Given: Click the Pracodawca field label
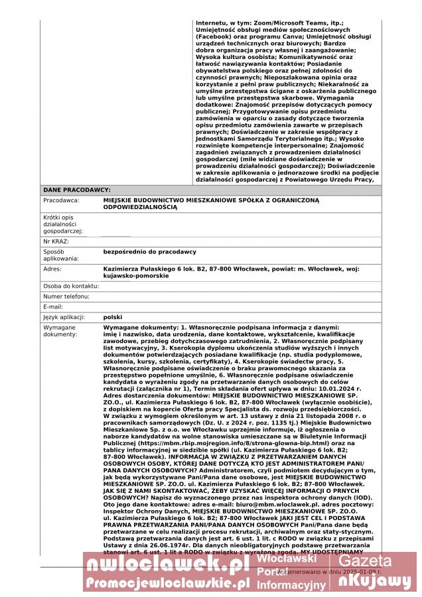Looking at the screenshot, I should pyautogui.click(x=62, y=200).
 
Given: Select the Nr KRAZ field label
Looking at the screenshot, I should pyautogui.click(x=56, y=241).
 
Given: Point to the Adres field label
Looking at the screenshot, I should pyautogui.click(x=52, y=269).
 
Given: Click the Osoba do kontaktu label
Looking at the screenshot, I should pyautogui.click(x=71, y=286).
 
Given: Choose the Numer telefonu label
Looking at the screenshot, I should pyautogui.click(x=66, y=297).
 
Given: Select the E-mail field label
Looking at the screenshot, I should pyautogui.click(x=53, y=306).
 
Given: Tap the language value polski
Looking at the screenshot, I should pyautogui.click(x=113, y=317).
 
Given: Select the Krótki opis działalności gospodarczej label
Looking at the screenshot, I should pyautogui.click(x=64, y=224).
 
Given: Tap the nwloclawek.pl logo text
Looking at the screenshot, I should pyautogui.click(x=165, y=564).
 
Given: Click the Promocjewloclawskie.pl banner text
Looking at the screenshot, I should pyautogui.click(x=167, y=582).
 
